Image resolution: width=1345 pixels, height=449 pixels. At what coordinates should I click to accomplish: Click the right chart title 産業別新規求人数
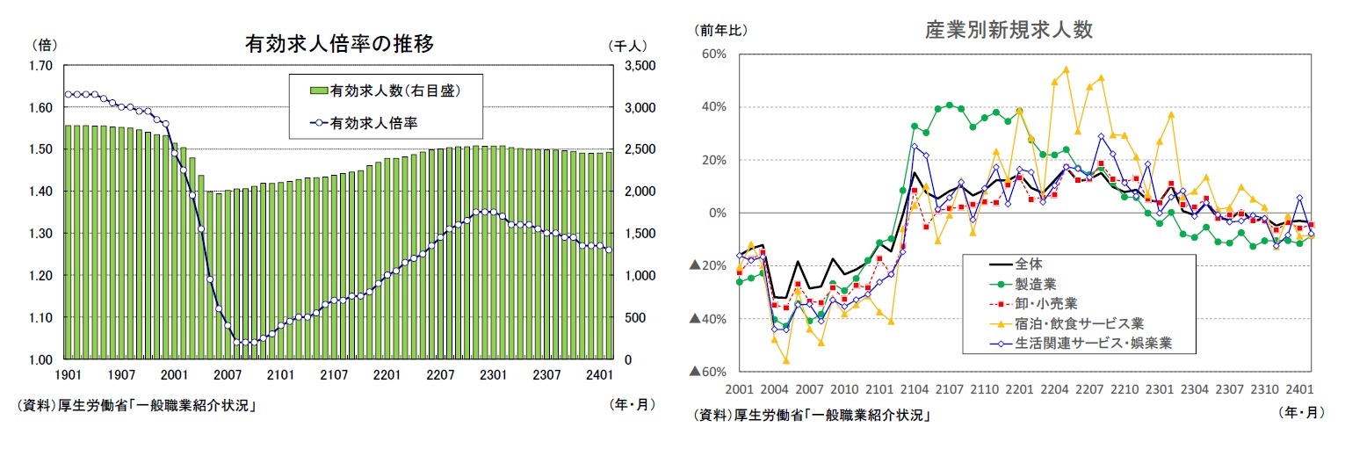pos(1009,30)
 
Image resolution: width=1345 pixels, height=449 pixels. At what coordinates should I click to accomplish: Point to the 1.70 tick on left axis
pos(40,66)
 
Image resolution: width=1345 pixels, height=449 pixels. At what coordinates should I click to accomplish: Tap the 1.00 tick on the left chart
pos(40,359)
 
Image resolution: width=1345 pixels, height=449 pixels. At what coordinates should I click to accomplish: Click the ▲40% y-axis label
pos(706,319)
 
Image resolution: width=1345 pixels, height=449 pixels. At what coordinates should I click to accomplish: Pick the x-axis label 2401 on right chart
pos(1299,388)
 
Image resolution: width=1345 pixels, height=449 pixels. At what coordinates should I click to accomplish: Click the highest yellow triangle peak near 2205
pos(1066,69)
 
